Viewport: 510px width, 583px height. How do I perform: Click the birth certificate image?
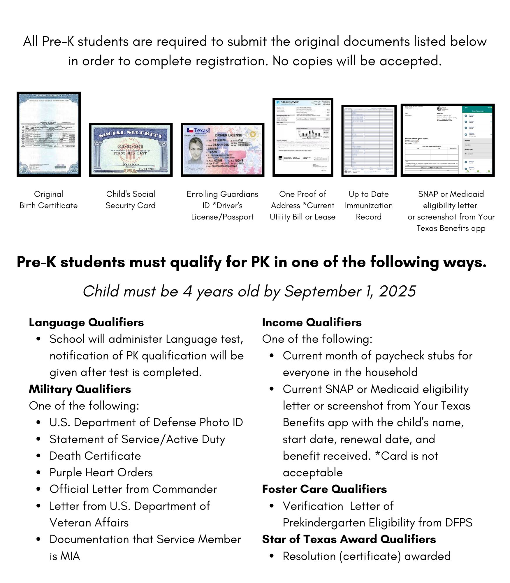49,134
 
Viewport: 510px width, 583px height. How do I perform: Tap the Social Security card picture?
131,150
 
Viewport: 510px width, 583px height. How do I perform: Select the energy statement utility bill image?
303,137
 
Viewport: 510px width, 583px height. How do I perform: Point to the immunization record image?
369,141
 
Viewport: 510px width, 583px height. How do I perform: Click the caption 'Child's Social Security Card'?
131,200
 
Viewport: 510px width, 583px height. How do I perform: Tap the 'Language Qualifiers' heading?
86,322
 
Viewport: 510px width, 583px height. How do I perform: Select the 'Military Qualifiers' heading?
80,389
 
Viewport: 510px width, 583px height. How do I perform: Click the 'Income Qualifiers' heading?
312,322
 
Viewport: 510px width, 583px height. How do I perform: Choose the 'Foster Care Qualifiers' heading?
324,489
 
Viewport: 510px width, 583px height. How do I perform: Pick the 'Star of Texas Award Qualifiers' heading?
349,539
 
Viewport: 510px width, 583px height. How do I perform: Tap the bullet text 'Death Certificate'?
95,456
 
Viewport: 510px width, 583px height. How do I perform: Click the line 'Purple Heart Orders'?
101,473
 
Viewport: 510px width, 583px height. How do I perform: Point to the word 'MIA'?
70,556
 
